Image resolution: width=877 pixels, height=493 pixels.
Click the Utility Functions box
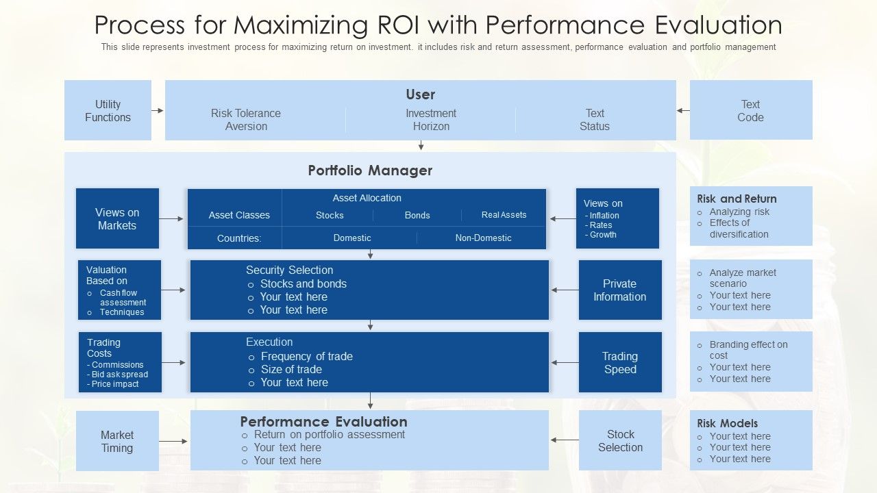(x=108, y=110)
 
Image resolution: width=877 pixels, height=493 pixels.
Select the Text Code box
(x=750, y=110)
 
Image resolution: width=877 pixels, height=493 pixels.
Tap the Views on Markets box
(x=117, y=218)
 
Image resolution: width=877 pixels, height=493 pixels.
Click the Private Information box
(x=619, y=290)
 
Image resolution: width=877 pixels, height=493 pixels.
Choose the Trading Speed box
(x=619, y=362)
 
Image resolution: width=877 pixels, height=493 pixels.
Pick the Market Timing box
(x=117, y=441)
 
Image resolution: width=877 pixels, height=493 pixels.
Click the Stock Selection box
(x=620, y=440)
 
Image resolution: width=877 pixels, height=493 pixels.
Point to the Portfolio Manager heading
(x=370, y=170)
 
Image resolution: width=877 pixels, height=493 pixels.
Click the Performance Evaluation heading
(x=323, y=422)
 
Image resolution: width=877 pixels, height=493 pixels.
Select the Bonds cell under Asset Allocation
(x=417, y=215)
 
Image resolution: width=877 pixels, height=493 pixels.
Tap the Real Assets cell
(x=504, y=215)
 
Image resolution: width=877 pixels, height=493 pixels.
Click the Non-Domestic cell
(x=483, y=238)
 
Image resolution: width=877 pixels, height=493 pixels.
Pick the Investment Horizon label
(x=431, y=120)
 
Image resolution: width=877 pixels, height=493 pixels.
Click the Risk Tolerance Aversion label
(x=246, y=120)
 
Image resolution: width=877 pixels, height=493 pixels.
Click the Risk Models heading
(x=727, y=423)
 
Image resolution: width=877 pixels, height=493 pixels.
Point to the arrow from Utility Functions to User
(x=158, y=110)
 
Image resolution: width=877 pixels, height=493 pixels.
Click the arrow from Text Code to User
(x=683, y=110)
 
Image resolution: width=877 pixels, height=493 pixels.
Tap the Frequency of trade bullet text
(x=306, y=356)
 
